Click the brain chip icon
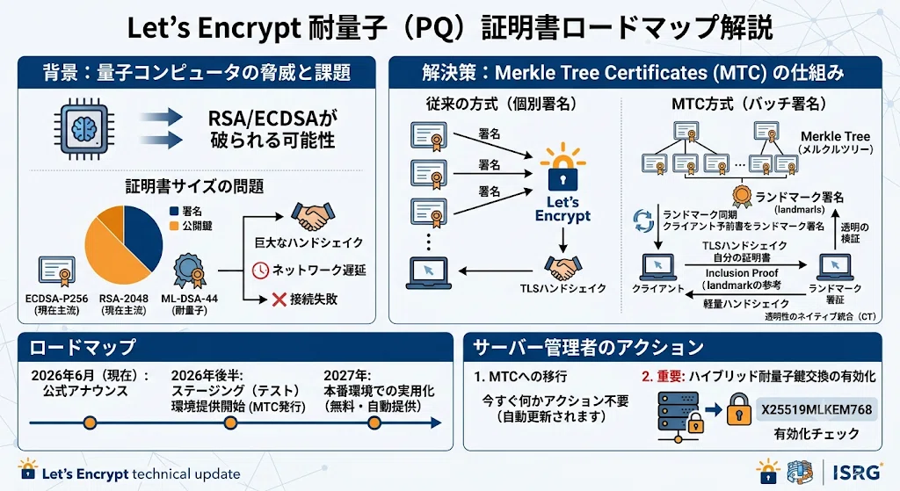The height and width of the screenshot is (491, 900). [x=83, y=128]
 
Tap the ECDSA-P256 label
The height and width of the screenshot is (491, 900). [x=56, y=299]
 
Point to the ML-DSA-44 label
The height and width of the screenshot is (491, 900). [x=190, y=299]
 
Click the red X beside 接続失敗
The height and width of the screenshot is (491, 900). [x=279, y=299]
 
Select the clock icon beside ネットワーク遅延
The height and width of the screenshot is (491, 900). [x=260, y=271]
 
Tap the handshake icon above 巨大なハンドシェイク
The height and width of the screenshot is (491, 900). [x=312, y=217]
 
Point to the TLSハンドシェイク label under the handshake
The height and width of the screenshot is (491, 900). [x=563, y=288]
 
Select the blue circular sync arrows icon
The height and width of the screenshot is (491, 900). [x=642, y=220]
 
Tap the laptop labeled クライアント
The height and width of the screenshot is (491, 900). [x=657, y=267]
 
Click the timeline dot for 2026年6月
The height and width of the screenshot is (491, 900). [x=90, y=423]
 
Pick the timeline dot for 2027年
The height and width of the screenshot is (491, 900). [x=374, y=423]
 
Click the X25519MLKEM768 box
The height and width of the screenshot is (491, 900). [x=817, y=409]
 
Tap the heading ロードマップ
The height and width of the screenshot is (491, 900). [x=82, y=347]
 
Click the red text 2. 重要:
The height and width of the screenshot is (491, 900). [x=663, y=376]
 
